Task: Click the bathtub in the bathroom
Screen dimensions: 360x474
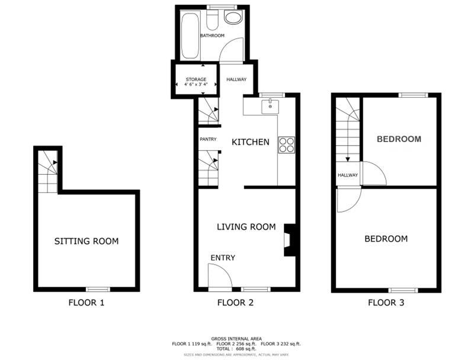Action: click(190, 36)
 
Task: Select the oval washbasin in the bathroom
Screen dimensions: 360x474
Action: click(233, 18)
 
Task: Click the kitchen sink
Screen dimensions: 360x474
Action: click(270, 107)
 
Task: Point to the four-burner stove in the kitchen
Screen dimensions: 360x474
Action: click(287, 144)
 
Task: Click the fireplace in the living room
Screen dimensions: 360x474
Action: click(289, 240)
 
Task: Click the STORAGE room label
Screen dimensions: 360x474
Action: click(196, 79)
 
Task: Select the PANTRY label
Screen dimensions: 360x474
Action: click(208, 139)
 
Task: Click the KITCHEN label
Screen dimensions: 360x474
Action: click(250, 142)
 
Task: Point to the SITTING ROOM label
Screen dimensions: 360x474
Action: click(87, 241)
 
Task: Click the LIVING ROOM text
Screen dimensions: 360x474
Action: click(246, 227)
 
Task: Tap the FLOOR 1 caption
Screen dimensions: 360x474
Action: click(87, 303)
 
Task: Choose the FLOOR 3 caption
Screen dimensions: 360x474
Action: click(386, 303)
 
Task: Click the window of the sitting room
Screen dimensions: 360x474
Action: click(98, 289)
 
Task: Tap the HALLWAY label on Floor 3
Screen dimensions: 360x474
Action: click(348, 175)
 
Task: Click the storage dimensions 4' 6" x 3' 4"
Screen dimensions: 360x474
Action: click(196, 85)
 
